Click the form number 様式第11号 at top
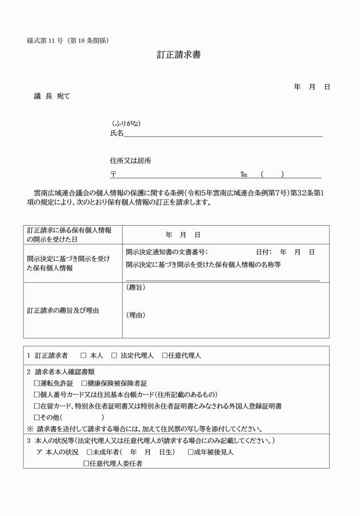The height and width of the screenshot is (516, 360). coord(67,40)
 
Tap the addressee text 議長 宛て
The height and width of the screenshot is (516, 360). coord(52,96)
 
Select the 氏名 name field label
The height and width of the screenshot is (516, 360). coord(117,133)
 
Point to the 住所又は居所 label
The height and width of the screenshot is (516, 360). coord(131,161)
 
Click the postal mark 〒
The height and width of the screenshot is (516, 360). coord(113,174)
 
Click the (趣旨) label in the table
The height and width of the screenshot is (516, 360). coord(135,287)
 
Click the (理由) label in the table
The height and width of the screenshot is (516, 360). coord(135,315)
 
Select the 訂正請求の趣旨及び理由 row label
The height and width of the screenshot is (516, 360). coord(63,310)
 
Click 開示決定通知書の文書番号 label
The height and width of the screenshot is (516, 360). coord(166,252)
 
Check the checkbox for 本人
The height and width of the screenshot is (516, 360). coord(83,355)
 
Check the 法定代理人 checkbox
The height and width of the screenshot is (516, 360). coord(114,355)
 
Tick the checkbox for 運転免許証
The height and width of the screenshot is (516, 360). coord(37,383)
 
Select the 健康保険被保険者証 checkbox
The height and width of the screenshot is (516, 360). coord(84,383)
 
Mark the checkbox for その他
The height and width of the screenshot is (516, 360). coord(37,418)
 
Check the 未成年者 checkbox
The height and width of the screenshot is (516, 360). coord(89,452)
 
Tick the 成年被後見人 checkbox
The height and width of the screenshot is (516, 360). coord(191,452)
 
